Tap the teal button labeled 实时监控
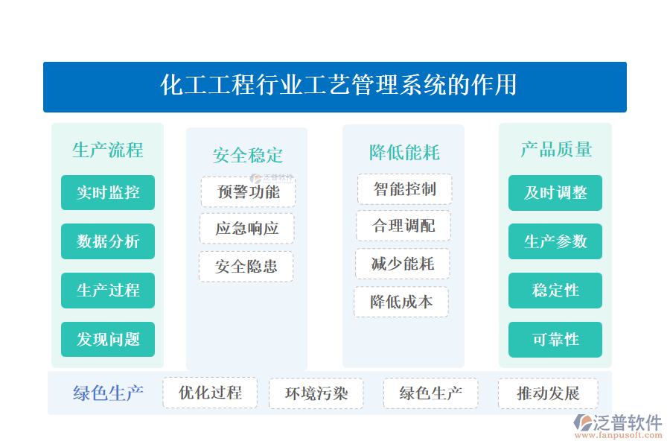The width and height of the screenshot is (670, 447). coord(108,192)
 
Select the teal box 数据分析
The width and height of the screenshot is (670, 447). coord(108,241)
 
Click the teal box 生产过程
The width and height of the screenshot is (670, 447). coord(108,291)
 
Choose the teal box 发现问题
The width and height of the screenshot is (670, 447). coord(108,340)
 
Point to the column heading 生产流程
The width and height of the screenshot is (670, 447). coord(107,150)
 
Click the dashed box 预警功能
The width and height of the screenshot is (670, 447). coord(248,191)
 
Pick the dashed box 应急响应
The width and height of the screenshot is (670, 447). coord(247,229)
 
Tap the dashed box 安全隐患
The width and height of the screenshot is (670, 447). coord(246,266)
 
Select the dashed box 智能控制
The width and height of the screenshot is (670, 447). coord(404,188)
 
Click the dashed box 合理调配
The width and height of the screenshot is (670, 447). coord(403,226)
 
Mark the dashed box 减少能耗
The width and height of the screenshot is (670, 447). coord(402,264)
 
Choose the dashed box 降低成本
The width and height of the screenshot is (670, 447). coord(401,302)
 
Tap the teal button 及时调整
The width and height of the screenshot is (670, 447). coord(555,193)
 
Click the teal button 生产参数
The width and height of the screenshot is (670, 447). coord(555,241)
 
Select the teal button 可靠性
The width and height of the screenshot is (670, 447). coord(555,340)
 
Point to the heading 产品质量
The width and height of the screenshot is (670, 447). coord(555,150)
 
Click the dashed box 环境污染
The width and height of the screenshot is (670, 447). coord(316,393)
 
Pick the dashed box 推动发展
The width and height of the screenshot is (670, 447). coord(547,393)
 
